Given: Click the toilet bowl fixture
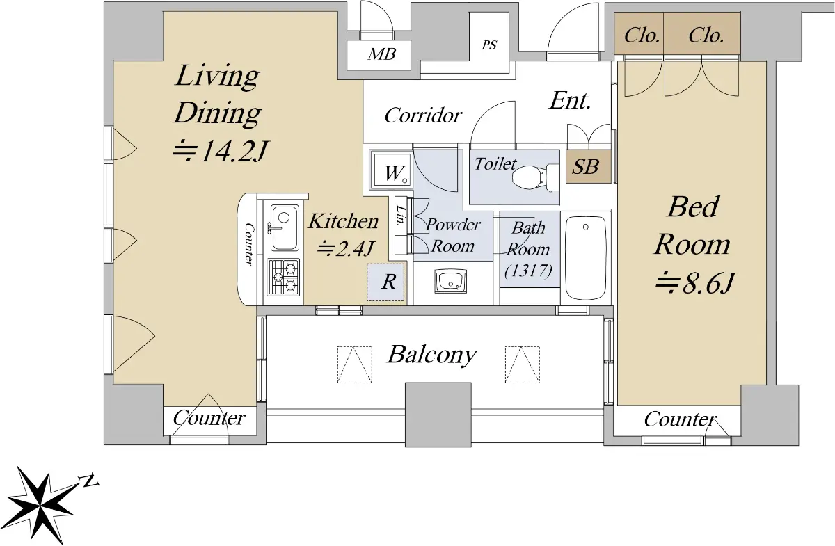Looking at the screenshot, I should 534,176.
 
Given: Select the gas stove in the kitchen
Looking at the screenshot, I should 283,278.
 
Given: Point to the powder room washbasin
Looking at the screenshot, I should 450,282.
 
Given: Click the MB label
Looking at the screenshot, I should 382,54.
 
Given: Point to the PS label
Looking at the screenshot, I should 490,45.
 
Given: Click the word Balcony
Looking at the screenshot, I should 431,355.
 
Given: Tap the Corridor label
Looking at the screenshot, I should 423,115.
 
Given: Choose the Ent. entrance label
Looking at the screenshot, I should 570,101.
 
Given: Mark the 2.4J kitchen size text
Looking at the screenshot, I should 347,248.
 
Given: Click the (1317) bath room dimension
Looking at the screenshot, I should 529,271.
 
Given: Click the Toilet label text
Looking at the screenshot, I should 495,164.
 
